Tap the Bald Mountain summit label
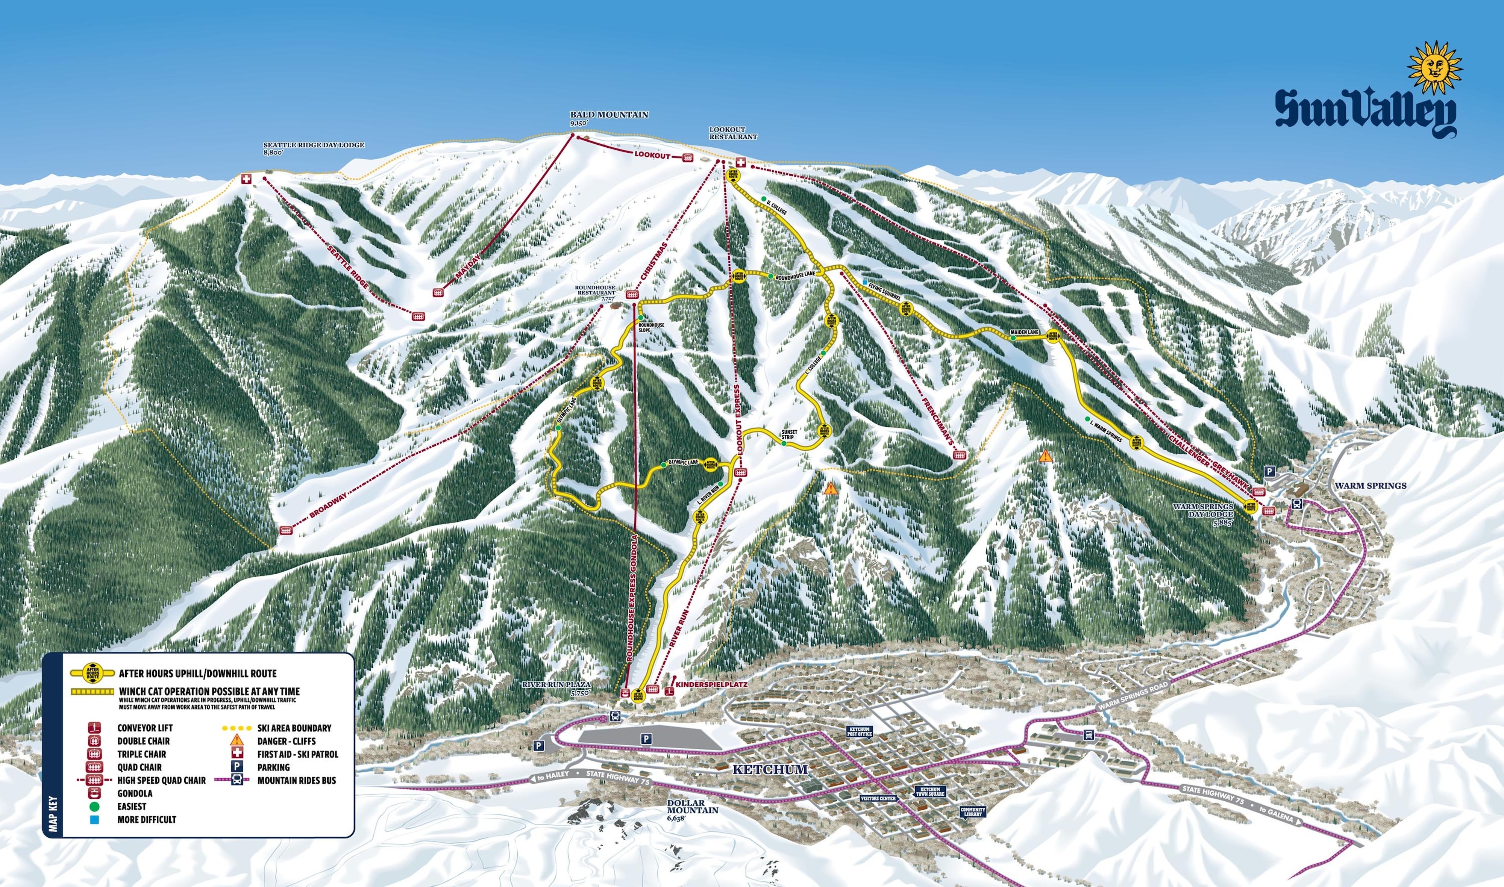pyautogui.click(x=608, y=115)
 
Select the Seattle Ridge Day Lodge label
pyautogui.click(x=314, y=145)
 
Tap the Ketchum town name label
pyautogui.click(x=770, y=769)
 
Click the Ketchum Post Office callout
pyautogui.click(x=860, y=731)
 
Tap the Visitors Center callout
pyautogui.click(x=879, y=798)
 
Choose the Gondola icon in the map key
pyautogui.click(x=94, y=793)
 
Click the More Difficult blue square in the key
pyautogui.click(x=94, y=819)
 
